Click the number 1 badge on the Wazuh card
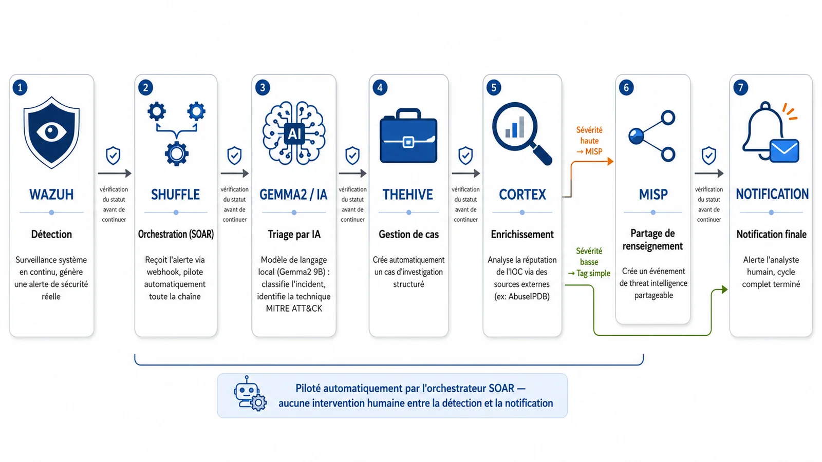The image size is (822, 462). coord(20,88)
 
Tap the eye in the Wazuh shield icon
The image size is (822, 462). coord(51,132)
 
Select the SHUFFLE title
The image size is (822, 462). coord(175,195)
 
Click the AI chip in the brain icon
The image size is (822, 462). coord(294,134)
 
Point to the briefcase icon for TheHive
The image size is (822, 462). coord(408,136)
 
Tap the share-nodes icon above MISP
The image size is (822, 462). coord(652,136)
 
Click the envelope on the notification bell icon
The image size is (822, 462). coord(784,150)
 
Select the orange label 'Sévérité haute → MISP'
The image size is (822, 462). coord(589,141)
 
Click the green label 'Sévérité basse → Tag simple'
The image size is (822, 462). coord(589,262)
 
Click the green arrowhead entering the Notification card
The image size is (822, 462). coord(724,290)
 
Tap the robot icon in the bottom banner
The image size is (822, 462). coord(250,393)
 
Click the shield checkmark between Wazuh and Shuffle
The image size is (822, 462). coord(113,156)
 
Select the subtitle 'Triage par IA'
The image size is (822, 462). coord(294,234)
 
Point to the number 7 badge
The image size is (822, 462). coord(740,88)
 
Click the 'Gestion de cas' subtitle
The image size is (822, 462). coord(408,234)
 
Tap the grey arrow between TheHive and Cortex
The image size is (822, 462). coord(465,173)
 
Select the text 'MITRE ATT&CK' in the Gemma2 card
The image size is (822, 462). coord(294,309)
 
